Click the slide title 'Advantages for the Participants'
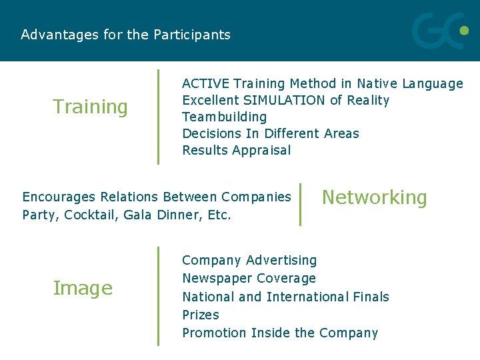click(125, 35)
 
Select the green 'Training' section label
click(90, 107)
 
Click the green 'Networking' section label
click(374, 197)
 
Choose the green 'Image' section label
click(83, 289)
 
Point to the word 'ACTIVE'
click(206, 84)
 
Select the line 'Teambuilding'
click(225, 117)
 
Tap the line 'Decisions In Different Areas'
click(271, 134)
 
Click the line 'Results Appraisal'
click(237, 151)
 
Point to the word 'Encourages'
click(58, 197)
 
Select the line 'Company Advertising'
click(249, 260)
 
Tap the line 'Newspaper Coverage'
click(249, 278)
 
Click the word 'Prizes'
click(201, 315)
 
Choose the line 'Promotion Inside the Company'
click(280, 333)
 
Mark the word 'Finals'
click(371, 297)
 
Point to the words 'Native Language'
click(409, 84)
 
